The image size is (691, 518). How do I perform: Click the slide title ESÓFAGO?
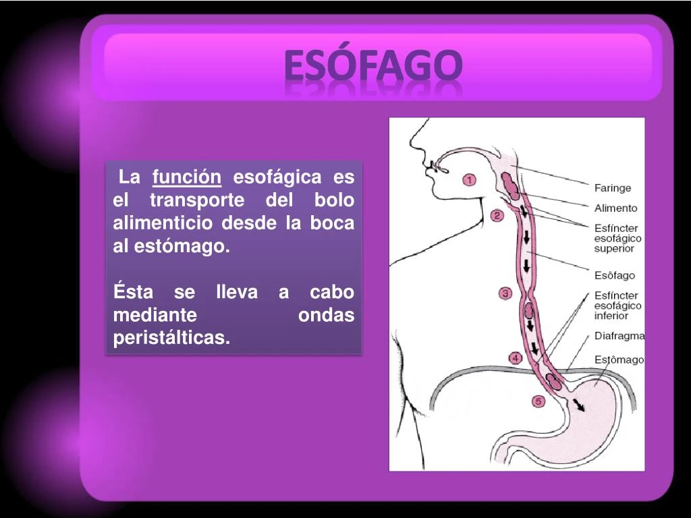pos(373,65)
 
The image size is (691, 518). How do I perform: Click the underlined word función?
pos(187,177)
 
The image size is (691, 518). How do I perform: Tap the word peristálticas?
pos(171,338)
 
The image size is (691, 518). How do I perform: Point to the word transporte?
pos(196,200)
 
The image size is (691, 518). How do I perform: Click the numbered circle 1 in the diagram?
pos(469,180)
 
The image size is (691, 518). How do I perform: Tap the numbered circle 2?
pos(497,216)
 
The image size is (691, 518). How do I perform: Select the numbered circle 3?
pos(505,293)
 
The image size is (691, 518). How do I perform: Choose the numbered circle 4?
pos(515,358)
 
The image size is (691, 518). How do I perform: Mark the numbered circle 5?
pos(538,402)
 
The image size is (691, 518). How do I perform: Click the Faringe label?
pos(612,188)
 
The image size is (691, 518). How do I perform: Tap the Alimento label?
pos(615,208)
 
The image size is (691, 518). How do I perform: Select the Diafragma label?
pos(619,336)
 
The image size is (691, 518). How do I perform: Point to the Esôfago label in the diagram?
pos(614,275)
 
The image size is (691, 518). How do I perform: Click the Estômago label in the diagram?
pos(619,359)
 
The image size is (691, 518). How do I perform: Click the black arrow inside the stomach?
pos(578,404)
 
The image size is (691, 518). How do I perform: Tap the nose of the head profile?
pos(426,165)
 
